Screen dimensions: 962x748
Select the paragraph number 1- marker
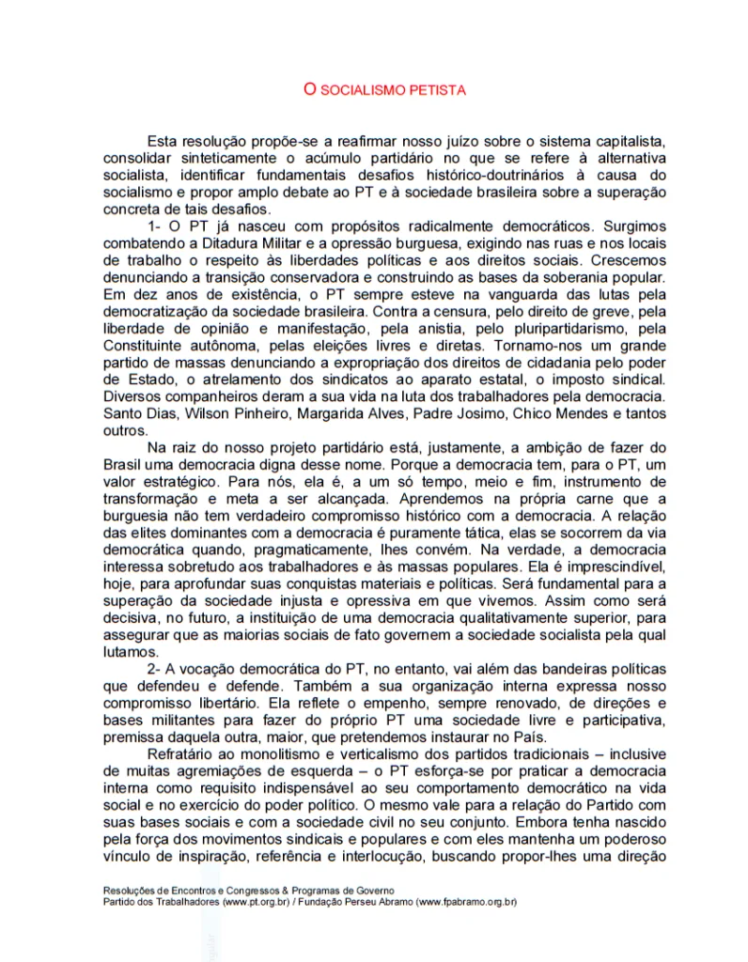click(x=156, y=226)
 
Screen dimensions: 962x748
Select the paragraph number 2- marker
click(x=155, y=668)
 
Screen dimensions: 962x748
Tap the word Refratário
click(x=182, y=753)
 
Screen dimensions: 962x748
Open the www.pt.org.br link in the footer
click(x=252, y=902)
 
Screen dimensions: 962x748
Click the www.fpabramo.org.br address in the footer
click(x=467, y=902)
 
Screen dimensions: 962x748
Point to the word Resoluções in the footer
click(x=130, y=890)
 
